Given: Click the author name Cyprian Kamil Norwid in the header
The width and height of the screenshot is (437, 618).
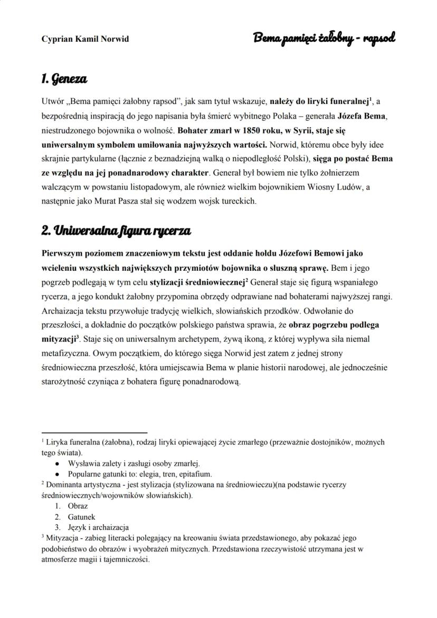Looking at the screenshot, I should click(x=85, y=39).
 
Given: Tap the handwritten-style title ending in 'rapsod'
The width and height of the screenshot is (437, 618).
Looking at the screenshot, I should click(x=324, y=37).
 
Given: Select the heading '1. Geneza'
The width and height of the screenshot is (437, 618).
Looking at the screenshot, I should click(x=64, y=79).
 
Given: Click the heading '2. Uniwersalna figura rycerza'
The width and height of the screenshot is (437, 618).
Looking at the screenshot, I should click(x=116, y=231).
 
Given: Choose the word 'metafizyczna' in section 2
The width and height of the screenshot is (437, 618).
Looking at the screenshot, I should click(x=62, y=351).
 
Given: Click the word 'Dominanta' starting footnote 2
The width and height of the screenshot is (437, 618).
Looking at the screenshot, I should click(x=64, y=484).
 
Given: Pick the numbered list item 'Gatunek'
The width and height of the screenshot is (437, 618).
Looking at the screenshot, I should click(x=81, y=517).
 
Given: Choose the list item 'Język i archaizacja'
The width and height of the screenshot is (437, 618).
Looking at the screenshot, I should click(x=98, y=527).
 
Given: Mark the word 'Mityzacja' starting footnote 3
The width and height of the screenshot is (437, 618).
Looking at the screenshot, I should click(x=63, y=538).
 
